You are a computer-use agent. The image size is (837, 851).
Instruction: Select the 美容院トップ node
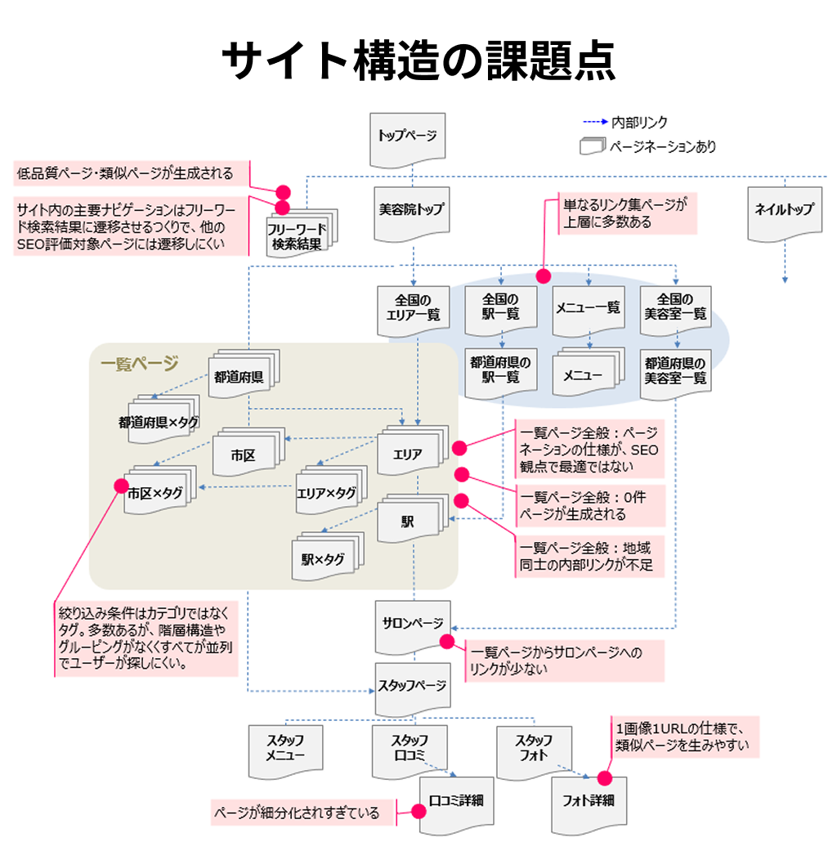pos(412,210)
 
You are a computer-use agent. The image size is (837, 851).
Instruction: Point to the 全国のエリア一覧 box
pos(412,307)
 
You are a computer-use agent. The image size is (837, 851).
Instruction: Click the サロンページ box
pos(412,622)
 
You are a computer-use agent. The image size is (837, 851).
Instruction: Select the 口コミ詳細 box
pos(456,800)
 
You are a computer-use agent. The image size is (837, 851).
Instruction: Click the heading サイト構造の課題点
pos(418,62)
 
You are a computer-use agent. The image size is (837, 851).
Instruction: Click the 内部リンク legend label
pos(639,123)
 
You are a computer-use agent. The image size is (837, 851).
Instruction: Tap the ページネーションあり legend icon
pos(593,147)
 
